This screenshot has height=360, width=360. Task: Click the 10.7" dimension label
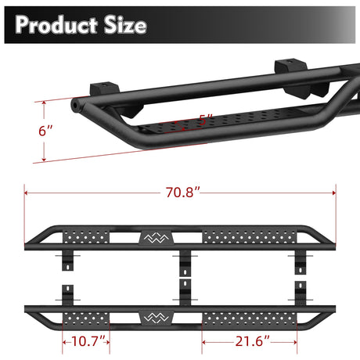click(x=86, y=341)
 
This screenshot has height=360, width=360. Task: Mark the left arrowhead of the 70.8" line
click(x=28, y=192)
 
